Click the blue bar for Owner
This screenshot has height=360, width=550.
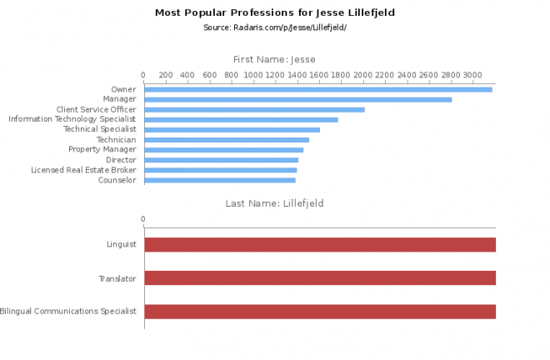(x=317, y=89)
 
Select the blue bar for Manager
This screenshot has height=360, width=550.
(x=297, y=99)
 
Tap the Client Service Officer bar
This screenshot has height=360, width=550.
(x=254, y=109)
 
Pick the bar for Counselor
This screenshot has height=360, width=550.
(x=219, y=180)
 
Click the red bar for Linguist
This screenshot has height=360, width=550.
(x=320, y=244)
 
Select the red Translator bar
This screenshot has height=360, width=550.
(x=320, y=277)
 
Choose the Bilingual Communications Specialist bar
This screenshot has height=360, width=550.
(x=320, y=312)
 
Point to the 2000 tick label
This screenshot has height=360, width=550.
(x=362, y=75)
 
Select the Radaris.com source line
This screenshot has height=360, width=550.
(x=274, y=27)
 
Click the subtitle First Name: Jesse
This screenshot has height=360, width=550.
(x=274, y=59)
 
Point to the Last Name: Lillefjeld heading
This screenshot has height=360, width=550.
(x=274, y=202)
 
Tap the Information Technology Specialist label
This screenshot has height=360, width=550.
(x=72, y=119)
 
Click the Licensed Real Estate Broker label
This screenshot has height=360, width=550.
(x=83, y=170)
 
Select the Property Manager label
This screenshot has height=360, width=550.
(x=102, y=150)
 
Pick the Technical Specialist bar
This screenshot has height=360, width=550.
(x=232, y=130)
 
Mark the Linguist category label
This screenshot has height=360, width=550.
(x=121, y=245)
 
